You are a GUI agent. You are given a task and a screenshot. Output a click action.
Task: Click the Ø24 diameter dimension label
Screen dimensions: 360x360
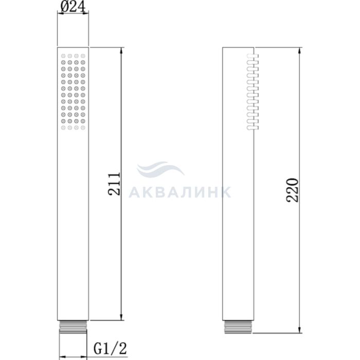click(73, 7)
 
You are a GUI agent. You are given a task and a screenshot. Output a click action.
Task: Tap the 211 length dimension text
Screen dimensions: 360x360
click(114, 184)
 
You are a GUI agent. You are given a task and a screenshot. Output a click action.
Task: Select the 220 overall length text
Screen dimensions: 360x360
click(293, 190)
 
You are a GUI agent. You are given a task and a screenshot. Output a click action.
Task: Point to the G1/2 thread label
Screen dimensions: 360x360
click(110, 349)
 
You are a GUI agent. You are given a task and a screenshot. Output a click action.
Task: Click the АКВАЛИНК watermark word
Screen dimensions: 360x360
click(180, 192)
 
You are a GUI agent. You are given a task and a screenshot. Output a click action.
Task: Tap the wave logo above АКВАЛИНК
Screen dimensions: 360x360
click(160, 169)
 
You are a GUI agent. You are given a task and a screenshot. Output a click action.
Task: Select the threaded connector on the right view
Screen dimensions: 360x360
click(238, 327)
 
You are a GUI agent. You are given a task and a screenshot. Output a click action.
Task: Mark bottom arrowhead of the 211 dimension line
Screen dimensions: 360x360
click(121, 317)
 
